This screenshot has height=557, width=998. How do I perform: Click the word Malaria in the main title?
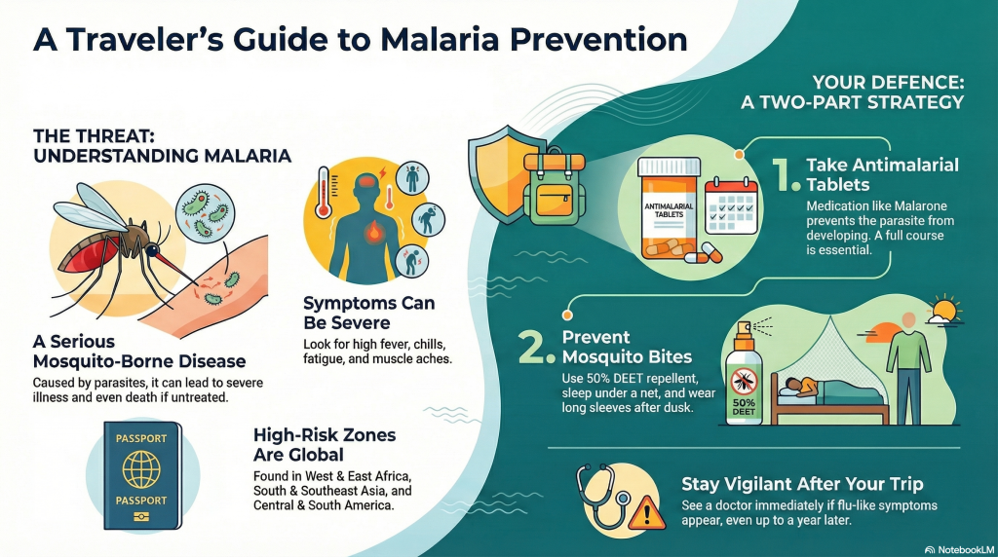[440, 39]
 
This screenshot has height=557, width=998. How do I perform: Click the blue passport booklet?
[142, 475]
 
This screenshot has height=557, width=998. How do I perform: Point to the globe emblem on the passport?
[141, 469]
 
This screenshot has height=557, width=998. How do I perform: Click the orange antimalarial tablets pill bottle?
[669, 208]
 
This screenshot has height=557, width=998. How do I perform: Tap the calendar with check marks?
[731, 205]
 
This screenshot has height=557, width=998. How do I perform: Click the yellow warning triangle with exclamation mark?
[647, 512]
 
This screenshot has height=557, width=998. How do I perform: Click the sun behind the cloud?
[945, 310]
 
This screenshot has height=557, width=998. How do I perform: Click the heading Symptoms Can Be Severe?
[369, 313]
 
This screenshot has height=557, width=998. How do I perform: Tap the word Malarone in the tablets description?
[921, 206]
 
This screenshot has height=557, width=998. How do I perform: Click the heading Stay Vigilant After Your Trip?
[802, 484]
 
